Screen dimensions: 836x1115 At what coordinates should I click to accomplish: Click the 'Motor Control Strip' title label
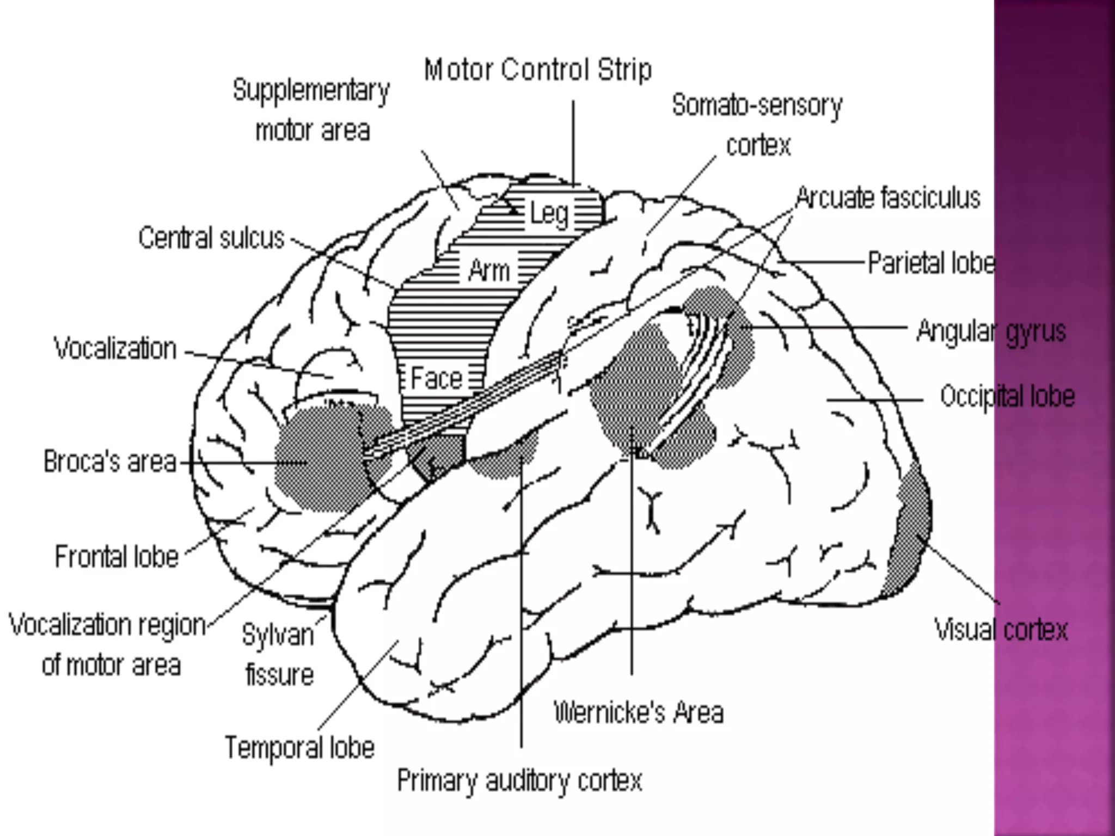pos(537,70)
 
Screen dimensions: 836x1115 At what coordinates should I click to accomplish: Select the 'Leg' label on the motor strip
pos(549,213)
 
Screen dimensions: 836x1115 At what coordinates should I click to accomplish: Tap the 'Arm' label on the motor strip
pos(489,271)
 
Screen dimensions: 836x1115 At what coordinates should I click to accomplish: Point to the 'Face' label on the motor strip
pos(436,378)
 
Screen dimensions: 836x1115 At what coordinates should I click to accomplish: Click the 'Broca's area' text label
pos(110,462)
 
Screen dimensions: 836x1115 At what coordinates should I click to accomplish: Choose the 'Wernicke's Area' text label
pos(639,712)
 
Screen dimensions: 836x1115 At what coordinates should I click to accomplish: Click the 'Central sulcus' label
pos(211,238)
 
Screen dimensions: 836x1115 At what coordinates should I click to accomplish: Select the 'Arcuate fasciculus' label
pos(888,198)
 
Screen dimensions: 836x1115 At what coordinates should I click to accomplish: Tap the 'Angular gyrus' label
pos(991,331)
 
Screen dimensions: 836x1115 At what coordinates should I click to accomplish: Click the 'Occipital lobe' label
pos(1007,396)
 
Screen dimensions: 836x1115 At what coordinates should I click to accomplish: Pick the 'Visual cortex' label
pos(1001,630)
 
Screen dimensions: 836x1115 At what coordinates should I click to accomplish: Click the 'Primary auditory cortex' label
pos(519,780)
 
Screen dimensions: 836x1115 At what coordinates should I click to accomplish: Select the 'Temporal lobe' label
pos(299,747)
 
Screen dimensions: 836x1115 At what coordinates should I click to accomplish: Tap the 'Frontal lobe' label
pos(117,557)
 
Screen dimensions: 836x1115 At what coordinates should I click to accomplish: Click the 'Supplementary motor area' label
pos(311,110)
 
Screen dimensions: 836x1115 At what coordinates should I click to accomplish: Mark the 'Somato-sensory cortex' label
pos(757,125)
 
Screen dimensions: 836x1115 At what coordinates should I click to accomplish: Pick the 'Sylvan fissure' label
pos(278,655)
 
